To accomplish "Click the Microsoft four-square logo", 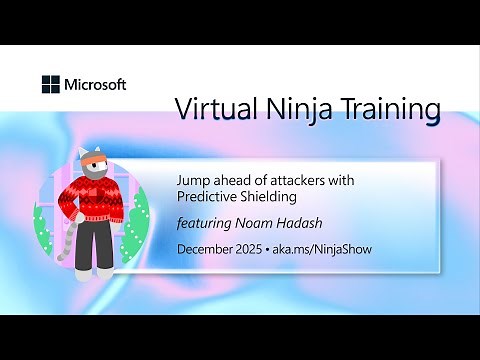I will point(51,85).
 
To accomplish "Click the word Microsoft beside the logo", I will point(95,85).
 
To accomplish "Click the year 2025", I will point(260,248).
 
